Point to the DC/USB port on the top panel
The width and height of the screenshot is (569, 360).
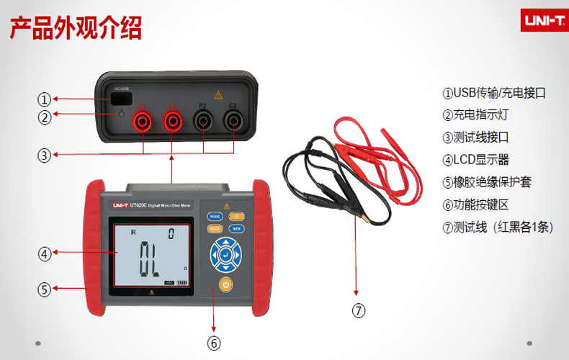tap(120, 99)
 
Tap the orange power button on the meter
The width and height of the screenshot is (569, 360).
tap(226, 284)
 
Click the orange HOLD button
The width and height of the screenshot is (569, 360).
tap(215, 228)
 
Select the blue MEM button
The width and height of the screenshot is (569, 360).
tap(237, 228)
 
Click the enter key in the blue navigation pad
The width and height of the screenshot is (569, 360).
tap(226, 255)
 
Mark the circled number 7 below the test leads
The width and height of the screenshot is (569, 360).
tap(358, 311)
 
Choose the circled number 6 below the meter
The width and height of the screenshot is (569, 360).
tap(214, 343)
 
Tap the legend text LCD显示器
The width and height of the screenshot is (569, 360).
tap(476, 160)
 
